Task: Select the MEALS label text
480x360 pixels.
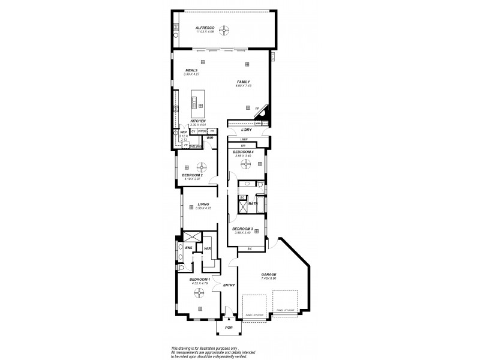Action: click(191, 70)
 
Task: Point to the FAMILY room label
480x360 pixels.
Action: click(243, 82)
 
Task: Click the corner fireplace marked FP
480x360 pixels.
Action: click(261, 112)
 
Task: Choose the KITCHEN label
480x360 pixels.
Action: click(198, 121)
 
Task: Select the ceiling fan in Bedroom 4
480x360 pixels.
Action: click(245, 163)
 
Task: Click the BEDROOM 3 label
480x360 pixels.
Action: click(243, 229)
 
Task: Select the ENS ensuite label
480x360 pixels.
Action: click(188, 247)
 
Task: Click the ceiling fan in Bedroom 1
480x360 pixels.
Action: click(199, 294)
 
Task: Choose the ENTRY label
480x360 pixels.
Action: click(229, 285)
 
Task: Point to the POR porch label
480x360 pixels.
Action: click(228, 328)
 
